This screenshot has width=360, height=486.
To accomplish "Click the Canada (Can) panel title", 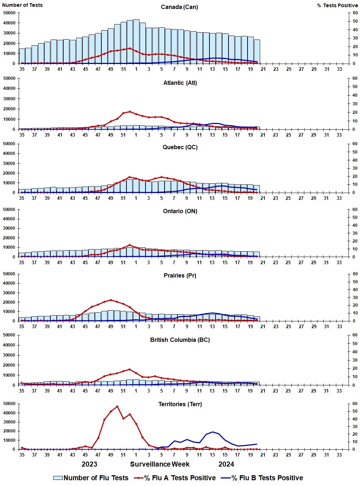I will [x=179, y=7].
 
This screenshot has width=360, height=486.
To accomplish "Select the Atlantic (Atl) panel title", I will [x=180, y=83].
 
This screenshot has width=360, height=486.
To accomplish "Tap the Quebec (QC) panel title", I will [x=180, y=147].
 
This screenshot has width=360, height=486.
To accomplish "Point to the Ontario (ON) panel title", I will [x=180, y=211].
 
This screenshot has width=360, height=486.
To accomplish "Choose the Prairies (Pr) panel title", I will [x=180, y=276].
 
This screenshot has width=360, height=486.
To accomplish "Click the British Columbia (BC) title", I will [x=180, y=340].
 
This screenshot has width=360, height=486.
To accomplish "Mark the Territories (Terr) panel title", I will [x=180, y=404].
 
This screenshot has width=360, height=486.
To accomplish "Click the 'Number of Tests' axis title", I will [x=22, y=5].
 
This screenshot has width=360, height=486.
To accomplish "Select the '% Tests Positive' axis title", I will [x=337, y=5].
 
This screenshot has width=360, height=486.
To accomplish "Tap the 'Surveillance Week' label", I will [x=160, y=464].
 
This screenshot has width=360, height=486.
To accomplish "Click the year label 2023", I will [x=89, y=464].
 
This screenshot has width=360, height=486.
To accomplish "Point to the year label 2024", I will [x=226, y=464].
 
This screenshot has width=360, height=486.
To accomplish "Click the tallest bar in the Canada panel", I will [x=136, y=41].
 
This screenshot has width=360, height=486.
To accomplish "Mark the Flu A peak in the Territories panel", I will [x=117, y=407].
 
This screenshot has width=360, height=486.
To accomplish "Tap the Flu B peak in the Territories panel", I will [x=212, y=432].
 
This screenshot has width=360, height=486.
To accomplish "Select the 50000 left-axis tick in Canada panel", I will [x=9, y=13].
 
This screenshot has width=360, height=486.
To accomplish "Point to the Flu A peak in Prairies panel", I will [x=111, y=300].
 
